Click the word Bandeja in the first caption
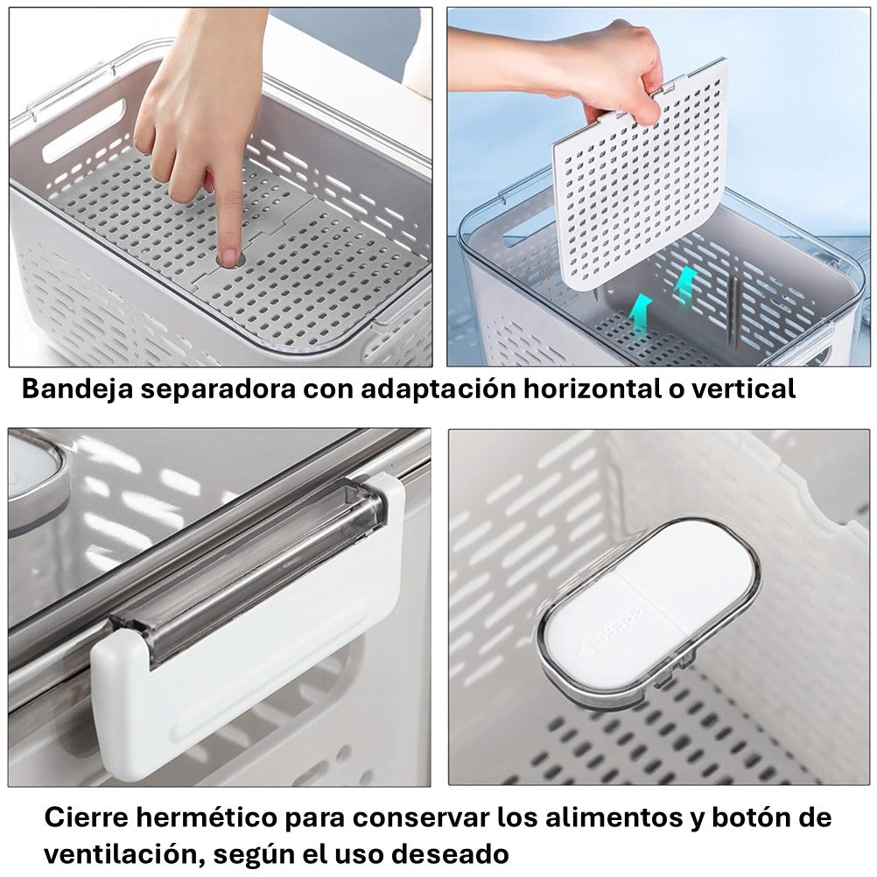point(77,389)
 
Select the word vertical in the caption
point(743,389)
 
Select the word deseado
point(450,854)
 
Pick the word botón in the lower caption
point(752,817)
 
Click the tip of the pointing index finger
point(229,260)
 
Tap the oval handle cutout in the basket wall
point(84,130)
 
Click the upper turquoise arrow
point(685,284)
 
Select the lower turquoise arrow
point(641,315)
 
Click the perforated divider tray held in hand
point(641,179)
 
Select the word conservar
point(420,817)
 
